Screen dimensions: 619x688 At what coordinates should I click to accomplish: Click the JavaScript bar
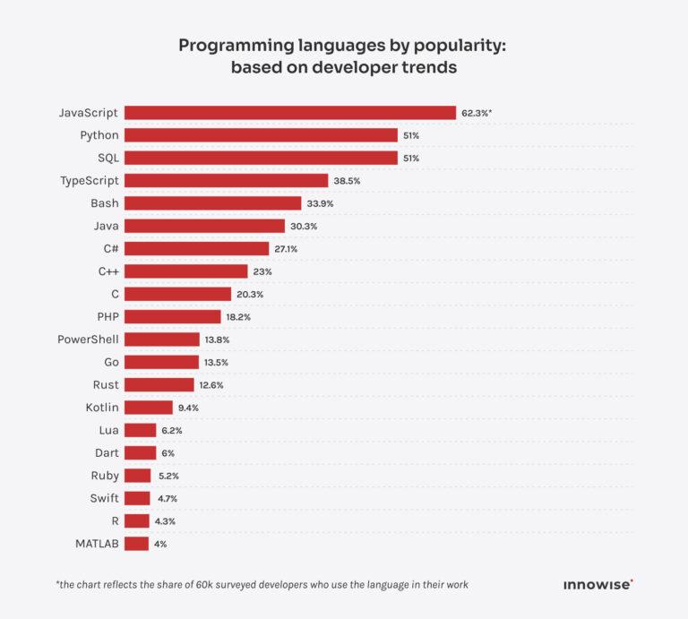tap(290, 113)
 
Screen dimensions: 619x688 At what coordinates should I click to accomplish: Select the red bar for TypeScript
tap(226, 181)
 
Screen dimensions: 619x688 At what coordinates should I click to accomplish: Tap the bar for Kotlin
tap(148, 408)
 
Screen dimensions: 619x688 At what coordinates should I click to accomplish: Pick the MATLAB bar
tap(136, 544)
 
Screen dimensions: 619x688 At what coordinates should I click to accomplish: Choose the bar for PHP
tap(172, 316)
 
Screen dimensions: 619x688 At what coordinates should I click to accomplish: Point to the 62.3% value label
tap(477, 113)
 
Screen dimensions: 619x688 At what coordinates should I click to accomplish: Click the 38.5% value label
tap(346, 181)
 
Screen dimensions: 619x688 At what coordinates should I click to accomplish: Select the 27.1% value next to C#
tap(286, 249)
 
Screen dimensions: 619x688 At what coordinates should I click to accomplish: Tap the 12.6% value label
tap(211, 385)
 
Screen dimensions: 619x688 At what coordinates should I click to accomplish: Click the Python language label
tap(99, 135)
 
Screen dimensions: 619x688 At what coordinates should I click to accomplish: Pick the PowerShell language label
tap(88, 340)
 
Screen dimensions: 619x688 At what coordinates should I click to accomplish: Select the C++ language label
tap(109, 271)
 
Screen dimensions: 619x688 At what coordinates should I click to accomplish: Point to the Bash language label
tap(105, 203)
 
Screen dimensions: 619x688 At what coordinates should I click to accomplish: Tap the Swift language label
tap(104, 498)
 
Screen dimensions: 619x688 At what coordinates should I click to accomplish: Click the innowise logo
tap(598, 585)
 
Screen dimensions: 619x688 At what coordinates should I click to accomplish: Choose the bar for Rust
tap(159, 385)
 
